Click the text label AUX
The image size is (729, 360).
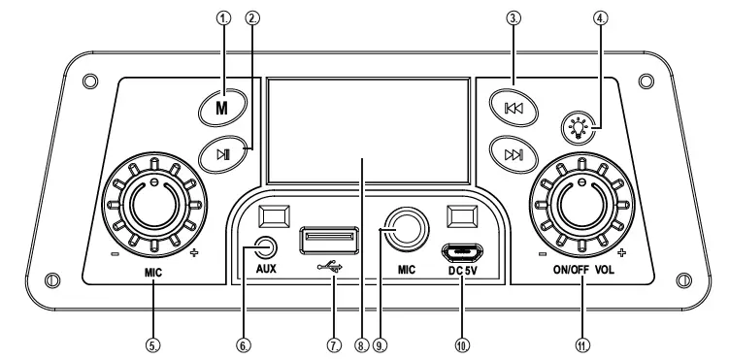coord(267,272)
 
